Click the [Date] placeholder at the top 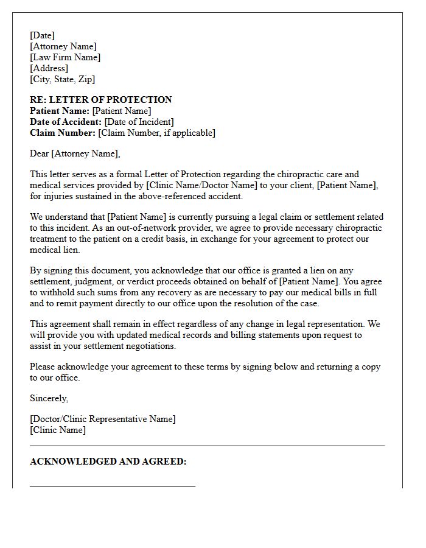click(x=42, y=35)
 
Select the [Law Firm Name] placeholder click(x=65, y=57)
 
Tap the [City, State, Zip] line click(x=62, y=79)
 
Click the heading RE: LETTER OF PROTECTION click(x=101, y=100)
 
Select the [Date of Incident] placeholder click(x=139, y=122)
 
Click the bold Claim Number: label click(x=63, y=133)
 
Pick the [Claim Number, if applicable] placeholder click(x=156, y=133)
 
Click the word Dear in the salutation click(x=40, y=153)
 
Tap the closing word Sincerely click(x=49, y=398)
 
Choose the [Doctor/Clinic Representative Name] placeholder click(x=102, y=419)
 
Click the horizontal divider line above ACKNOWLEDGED click(x=207, y=446)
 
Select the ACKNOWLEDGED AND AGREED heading click(x=108, y=462)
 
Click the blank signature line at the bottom click(x=113, y=487)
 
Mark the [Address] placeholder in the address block click(x=49, y=68)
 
